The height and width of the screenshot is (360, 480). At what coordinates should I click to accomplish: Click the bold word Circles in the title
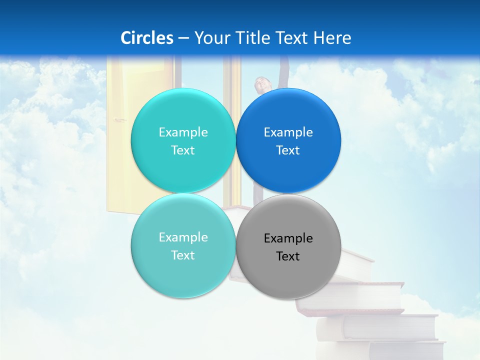[147, 38]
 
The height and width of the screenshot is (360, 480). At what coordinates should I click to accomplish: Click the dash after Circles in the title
[183, 38]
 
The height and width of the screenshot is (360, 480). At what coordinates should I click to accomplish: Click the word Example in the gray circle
[288, 238]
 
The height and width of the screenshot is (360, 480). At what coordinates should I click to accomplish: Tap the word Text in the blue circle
[288, 150]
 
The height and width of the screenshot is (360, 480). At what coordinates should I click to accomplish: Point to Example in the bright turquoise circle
[183, 132]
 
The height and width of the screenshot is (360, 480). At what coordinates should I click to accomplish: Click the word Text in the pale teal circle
[183, 255]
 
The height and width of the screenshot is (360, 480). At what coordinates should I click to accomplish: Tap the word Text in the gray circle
[288, 256]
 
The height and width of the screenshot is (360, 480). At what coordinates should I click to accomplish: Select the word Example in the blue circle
[288, 132]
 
